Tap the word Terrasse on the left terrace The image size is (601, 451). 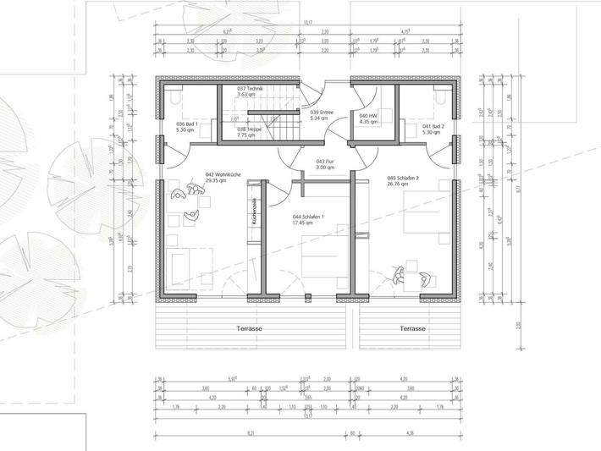[249, 327]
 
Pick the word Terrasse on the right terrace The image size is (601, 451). [412, 327]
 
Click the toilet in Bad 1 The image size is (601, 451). [174, 96]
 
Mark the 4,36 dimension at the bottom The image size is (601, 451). [410, 433]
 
